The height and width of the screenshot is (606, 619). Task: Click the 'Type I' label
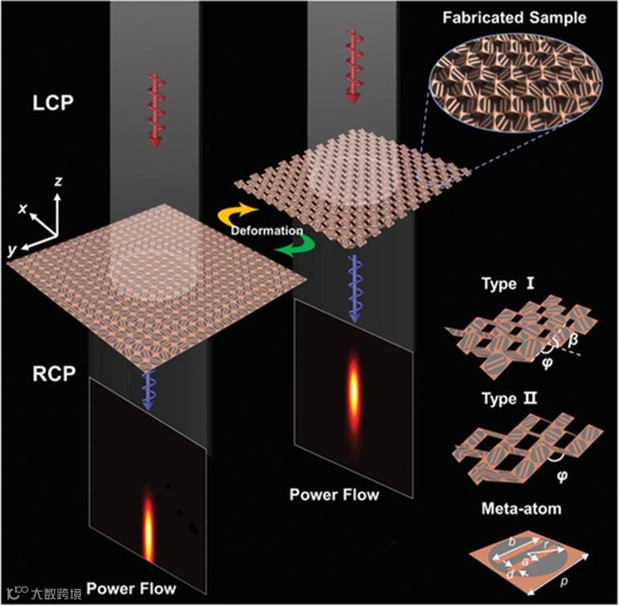point(515,284)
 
